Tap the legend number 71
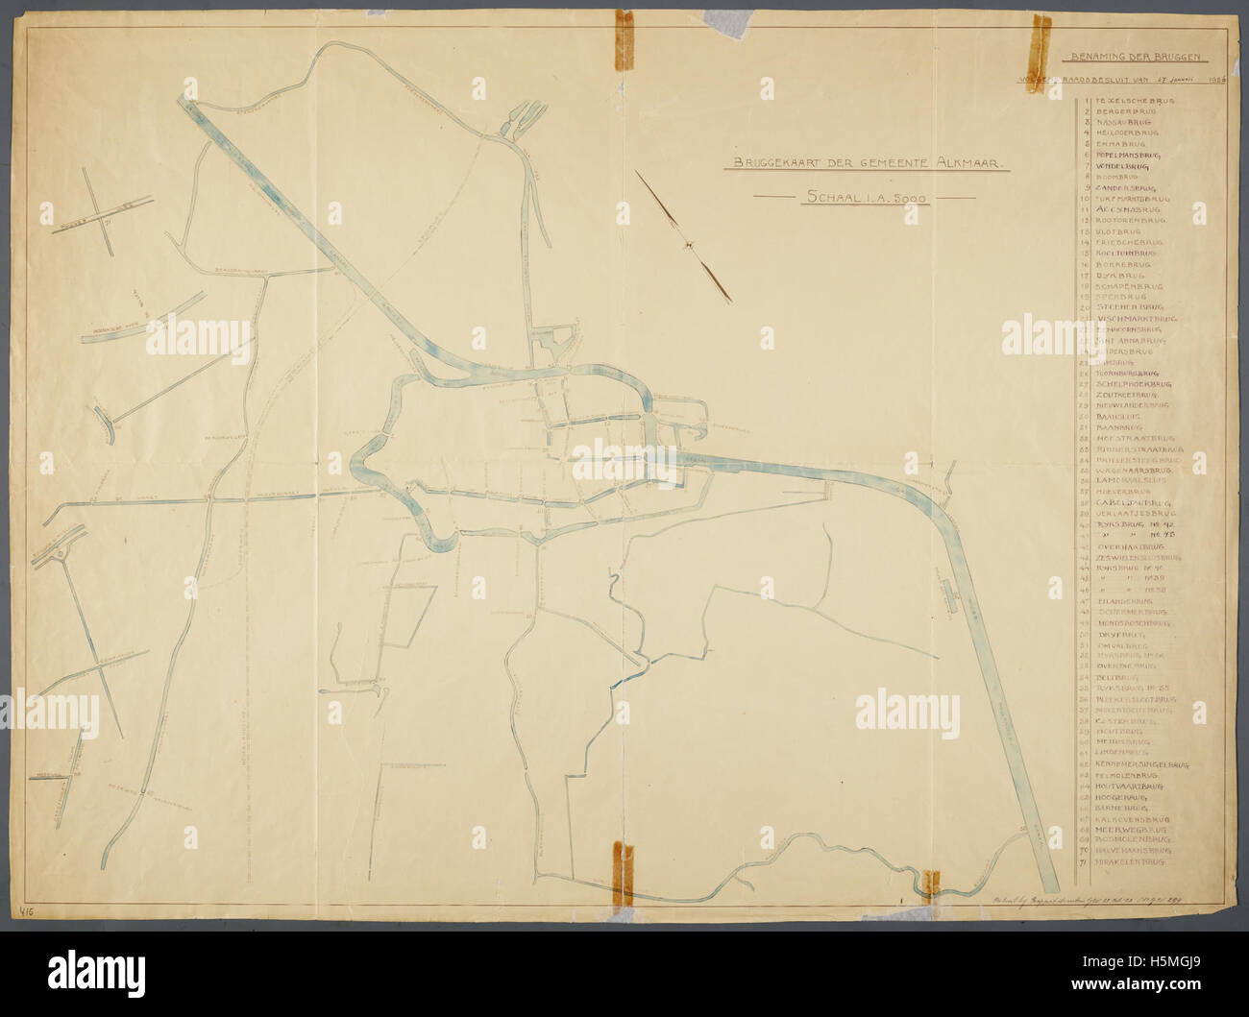tap(1083, 862)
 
